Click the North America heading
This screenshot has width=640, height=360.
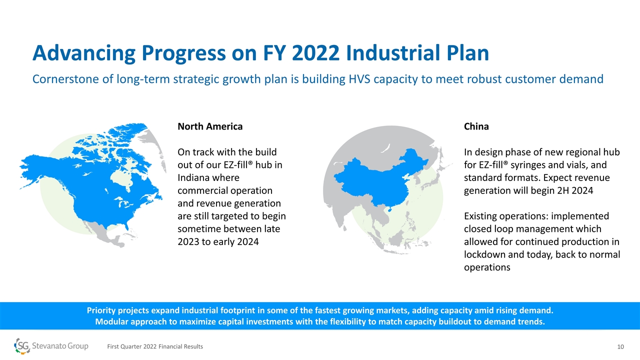tap(210, 126)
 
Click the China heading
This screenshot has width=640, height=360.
tap(476, 126)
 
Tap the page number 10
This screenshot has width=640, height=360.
tap(620, 347)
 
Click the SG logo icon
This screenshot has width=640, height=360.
tap(22, 346)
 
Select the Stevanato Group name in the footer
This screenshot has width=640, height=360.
tap(60, 346)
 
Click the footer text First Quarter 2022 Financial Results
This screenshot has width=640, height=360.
tap(155, 346)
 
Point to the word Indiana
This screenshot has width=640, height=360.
tap(194, 177)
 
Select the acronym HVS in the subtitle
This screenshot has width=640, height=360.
tap(359, 79)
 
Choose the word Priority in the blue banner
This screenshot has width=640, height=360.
tap(101, 310)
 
